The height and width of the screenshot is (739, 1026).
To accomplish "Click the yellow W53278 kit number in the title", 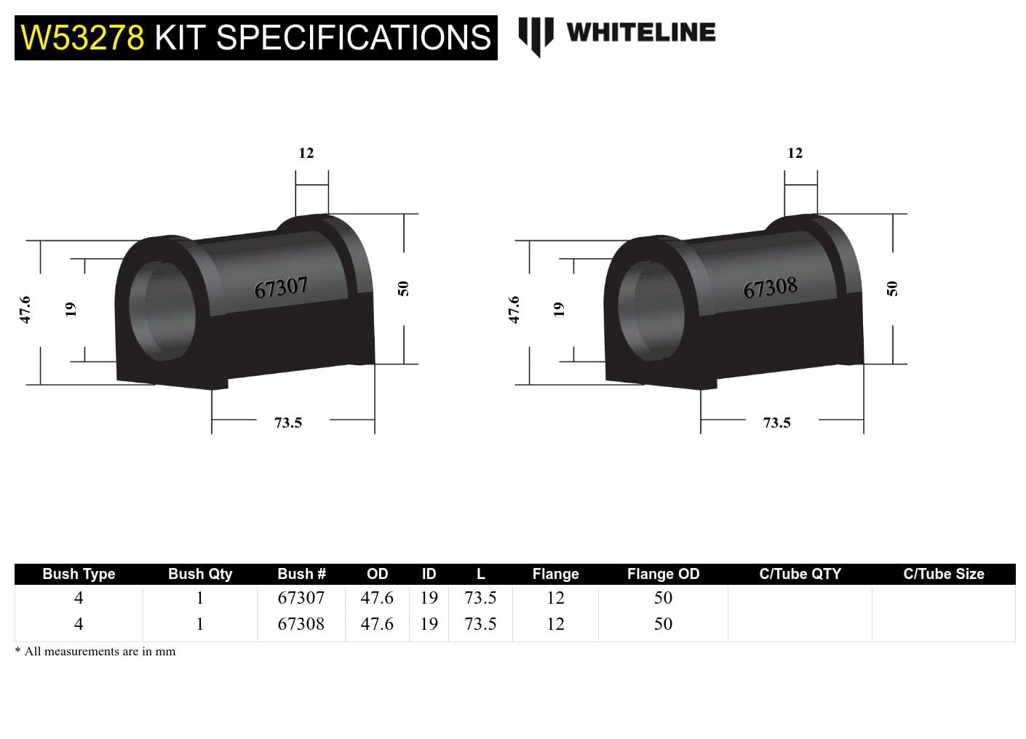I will tap(83, 38).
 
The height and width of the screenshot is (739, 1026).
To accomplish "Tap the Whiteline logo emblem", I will tap(535, 35).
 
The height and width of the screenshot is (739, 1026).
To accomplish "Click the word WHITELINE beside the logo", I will tap(640, 32).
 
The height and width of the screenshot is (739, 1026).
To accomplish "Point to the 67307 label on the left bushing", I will tap(281, 288).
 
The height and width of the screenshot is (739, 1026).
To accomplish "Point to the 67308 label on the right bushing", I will tap(770, 288).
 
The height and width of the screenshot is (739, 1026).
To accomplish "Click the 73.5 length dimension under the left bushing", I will tap(288, 423).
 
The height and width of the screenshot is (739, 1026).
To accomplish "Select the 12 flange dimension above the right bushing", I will tap(795, 153).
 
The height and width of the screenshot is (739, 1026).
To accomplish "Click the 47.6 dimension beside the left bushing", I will tap(25, 309).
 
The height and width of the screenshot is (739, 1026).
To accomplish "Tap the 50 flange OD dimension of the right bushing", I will tap(892, 289).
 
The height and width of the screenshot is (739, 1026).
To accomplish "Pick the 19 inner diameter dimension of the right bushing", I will tap(559, 309).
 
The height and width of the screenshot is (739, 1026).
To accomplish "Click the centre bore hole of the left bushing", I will tap(164, 309).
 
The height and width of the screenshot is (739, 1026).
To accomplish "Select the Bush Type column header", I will tap(79, 574).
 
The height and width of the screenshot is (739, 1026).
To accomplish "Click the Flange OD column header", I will tap(663, 574).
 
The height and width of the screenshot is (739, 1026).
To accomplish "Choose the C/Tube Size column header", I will tap(943, 574).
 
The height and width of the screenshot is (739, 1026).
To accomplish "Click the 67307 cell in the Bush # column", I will tap(301, 598).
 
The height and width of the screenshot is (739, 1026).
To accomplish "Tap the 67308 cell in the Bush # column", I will tap(301, 624).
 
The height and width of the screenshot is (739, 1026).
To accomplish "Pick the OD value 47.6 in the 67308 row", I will tap(377, 624).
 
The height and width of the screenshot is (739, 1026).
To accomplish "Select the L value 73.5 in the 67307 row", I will tap(480, 598).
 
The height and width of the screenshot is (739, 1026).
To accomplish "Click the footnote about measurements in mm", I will tap(95, 652).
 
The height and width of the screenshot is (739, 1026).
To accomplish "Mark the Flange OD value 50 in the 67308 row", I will tap(663, 624).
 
